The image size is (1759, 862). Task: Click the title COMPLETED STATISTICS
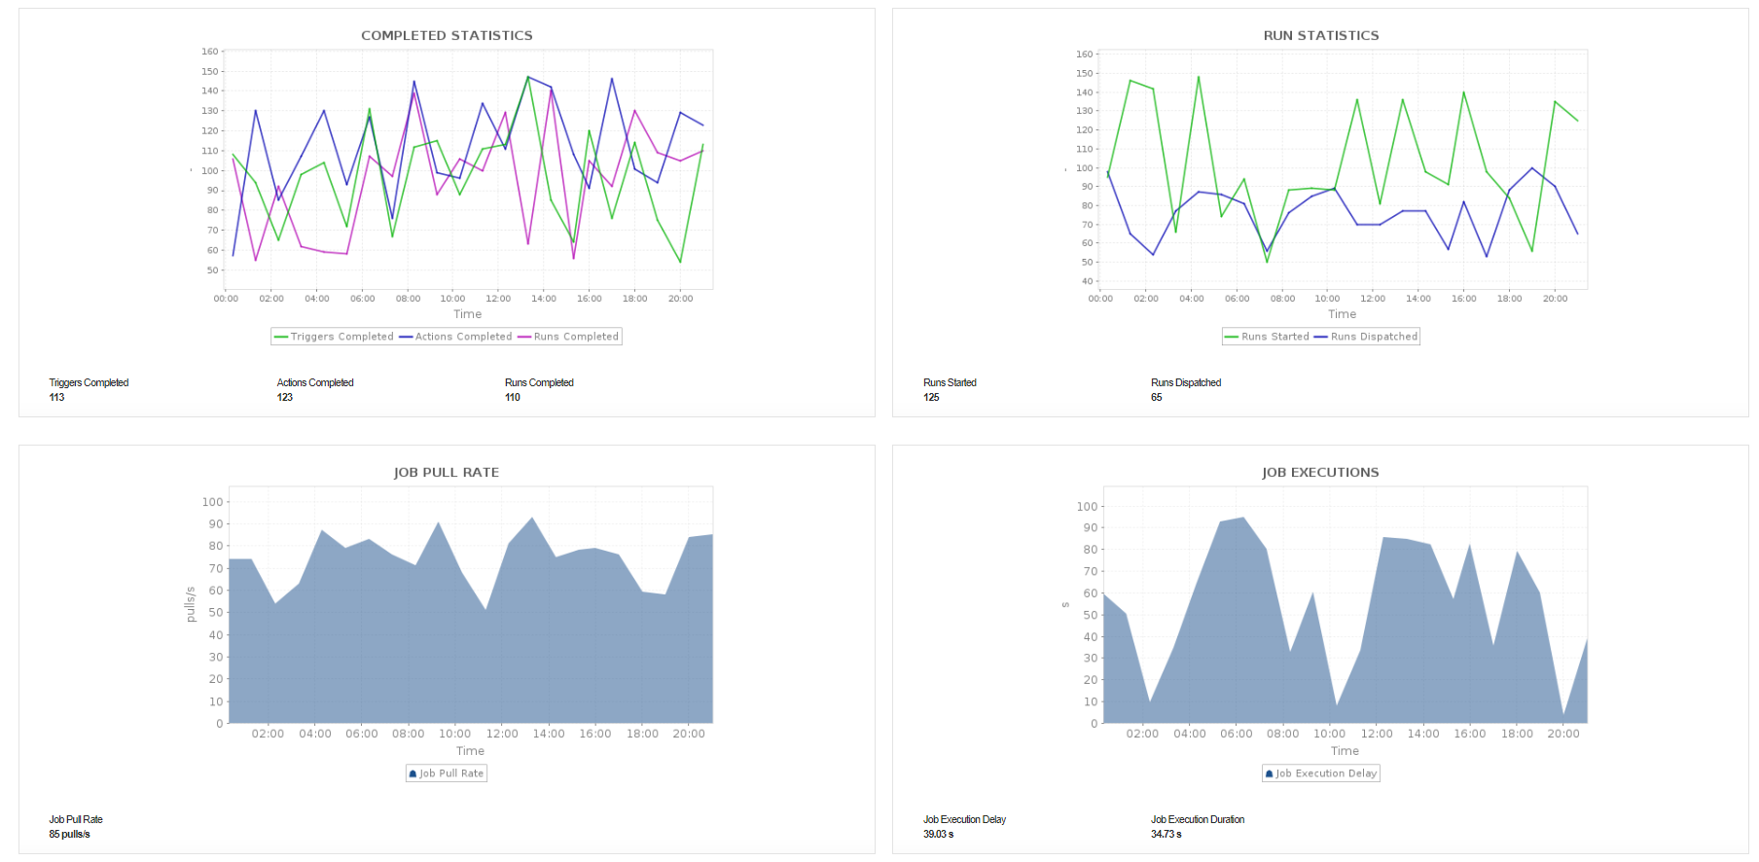pos(447,36)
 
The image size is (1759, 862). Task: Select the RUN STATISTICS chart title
pos(1320,36)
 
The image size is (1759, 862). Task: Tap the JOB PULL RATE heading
pos(446,473)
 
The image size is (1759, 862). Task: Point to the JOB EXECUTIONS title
pos(1320,473)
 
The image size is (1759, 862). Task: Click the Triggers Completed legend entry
pos(334,337)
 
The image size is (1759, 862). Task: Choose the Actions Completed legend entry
pos(455,337)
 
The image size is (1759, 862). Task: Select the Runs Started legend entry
pos(1267,337)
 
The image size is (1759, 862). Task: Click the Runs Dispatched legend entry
pos(1366,337)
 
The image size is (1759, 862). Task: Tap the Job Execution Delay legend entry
pos(1321,773)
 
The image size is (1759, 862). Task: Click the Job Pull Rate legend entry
pos(447,773)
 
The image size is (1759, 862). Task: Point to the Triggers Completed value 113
pos(57,398)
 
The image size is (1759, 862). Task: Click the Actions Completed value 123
pos(285,398)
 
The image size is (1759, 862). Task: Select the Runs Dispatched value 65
pos(1157,398)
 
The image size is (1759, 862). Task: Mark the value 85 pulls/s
pos(70,835)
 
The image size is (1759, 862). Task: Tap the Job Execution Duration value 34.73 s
pos(1167,835)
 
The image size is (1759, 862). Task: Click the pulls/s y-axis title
pos(191,604)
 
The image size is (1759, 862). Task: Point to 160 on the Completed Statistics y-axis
pos(210,52)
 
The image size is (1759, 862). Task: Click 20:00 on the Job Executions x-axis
pos(1563,735)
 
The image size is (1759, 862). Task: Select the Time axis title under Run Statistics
pos(1342,314)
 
